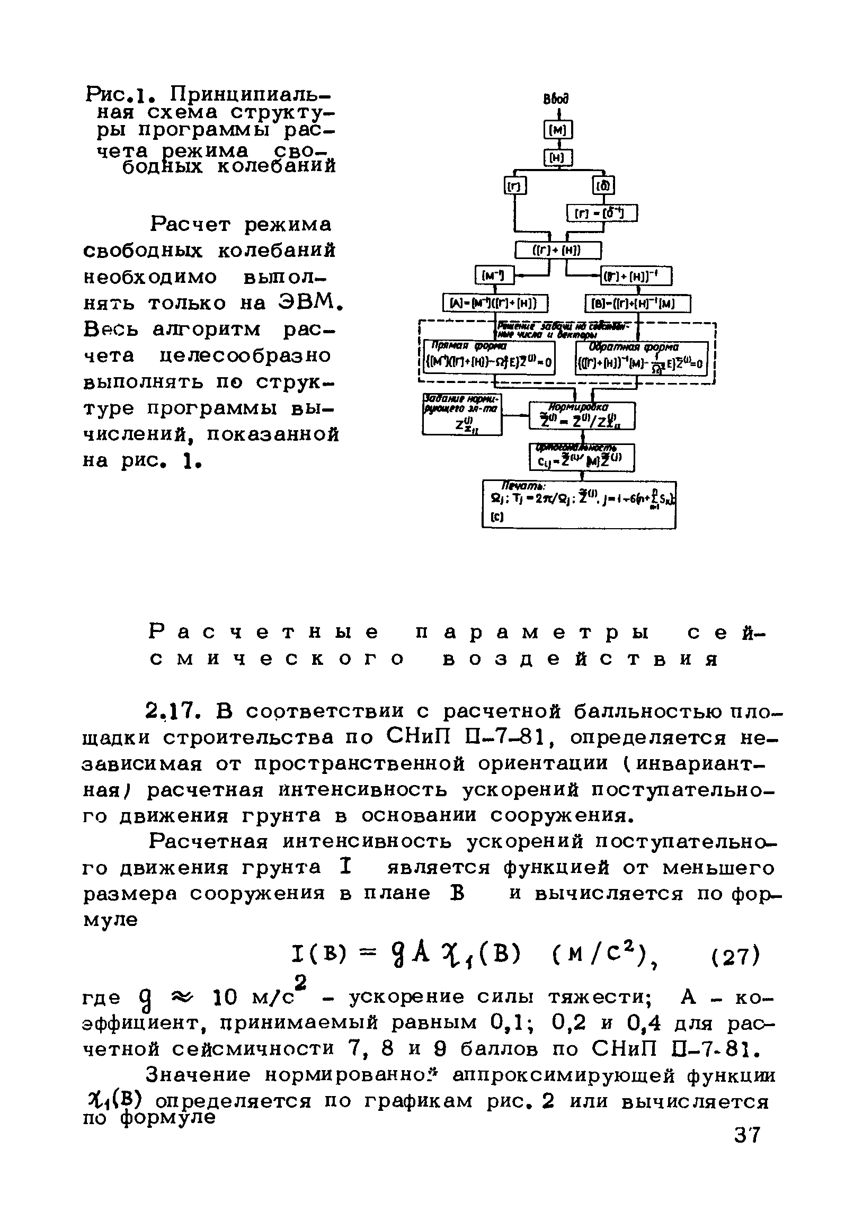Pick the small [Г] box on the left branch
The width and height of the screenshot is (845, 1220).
click(x=514, y=186)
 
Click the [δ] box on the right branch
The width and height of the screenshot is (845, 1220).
click(x=603, y=186)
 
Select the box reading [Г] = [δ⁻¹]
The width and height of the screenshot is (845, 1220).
click(x=602, y=213)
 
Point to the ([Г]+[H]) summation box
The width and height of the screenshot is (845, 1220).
click(x=558, y=251)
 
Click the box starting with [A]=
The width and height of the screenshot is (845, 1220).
click(x=495, y=304)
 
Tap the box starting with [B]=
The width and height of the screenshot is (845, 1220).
click(x=638, y=304)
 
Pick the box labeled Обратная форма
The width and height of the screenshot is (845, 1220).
click(x=641, y=358)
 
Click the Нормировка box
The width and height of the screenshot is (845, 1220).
click(x=582, y=416)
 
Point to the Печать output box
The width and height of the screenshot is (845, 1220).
click(x=579, y=504)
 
